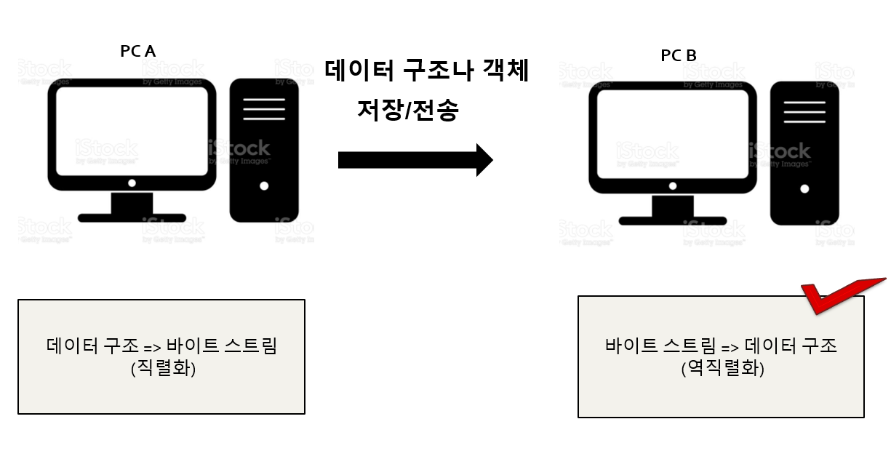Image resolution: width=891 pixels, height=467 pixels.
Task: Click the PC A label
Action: tap(137, 51)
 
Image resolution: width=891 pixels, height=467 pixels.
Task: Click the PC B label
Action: tap(679, 55)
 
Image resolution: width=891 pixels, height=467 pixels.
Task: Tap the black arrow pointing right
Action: tap(415, 159)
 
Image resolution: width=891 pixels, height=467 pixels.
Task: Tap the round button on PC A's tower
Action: tap(264, 185)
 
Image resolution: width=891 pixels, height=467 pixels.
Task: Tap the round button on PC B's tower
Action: tap(804, 188)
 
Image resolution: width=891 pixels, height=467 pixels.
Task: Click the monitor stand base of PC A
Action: tap(132, 217)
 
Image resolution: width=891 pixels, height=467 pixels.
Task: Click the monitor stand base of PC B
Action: tap(673, 220)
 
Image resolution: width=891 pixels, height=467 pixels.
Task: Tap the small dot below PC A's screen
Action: tap(132, 183)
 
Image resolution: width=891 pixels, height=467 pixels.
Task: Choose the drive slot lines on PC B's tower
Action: tap(804, 112)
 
